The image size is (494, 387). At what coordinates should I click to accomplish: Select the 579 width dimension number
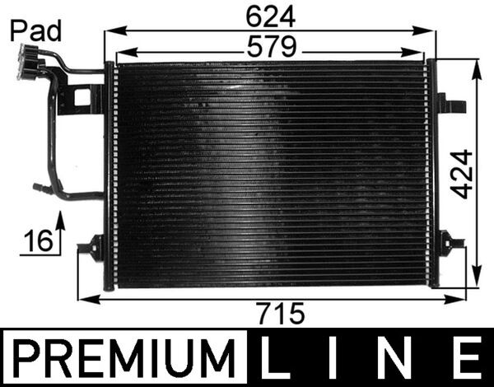tap(272, 49)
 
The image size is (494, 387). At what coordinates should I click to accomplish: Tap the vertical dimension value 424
tap(463, 174)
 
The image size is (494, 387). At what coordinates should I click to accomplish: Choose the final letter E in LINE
tap(467, 360)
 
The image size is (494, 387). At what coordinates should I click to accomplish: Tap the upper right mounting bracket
tap(451, 105)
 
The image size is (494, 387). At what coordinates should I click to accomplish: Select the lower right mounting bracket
tap(450, 244)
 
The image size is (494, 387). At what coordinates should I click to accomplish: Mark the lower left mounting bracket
tap(92, 247)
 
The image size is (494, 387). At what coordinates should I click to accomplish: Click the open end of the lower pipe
tap(37, 188)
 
